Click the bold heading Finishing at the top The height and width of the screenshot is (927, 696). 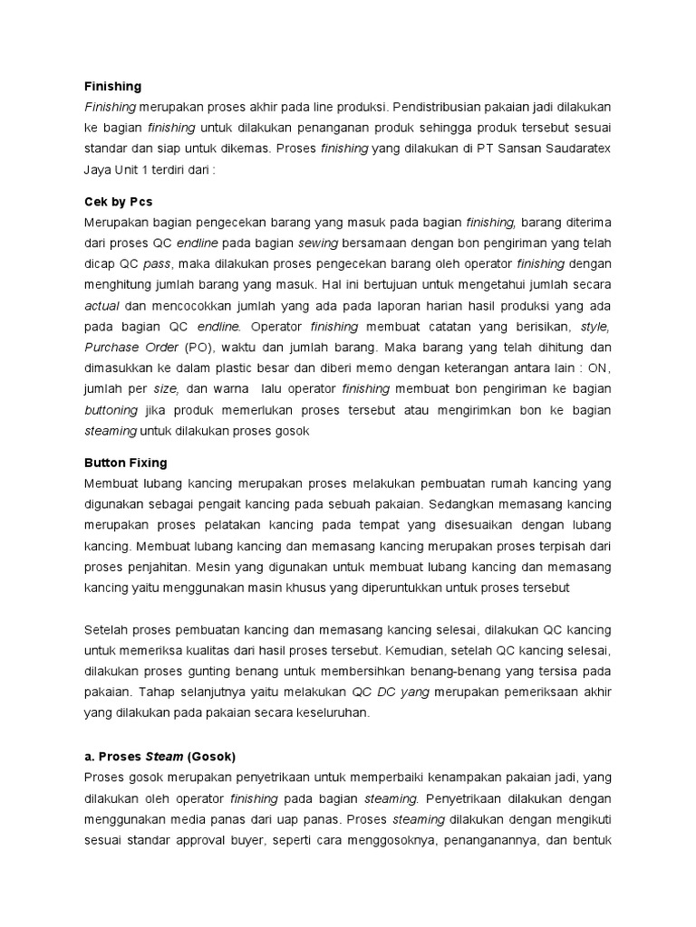[112, 87]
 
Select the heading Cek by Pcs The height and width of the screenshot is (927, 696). [119, 202]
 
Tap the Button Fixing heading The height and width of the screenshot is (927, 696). [125, 463]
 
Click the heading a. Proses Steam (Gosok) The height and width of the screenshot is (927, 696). [159, 757]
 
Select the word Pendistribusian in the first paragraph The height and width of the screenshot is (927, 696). [444, 108]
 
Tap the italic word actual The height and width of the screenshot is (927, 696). [101, 306]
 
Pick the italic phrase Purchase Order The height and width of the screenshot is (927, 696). [131, 348]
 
